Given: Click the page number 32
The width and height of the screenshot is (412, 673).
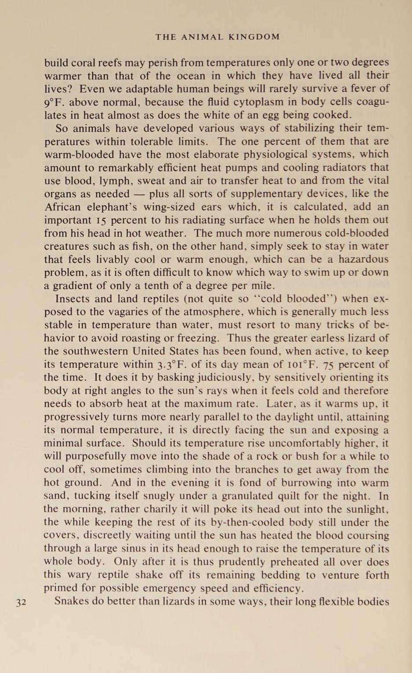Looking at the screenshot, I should point(21,602).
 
